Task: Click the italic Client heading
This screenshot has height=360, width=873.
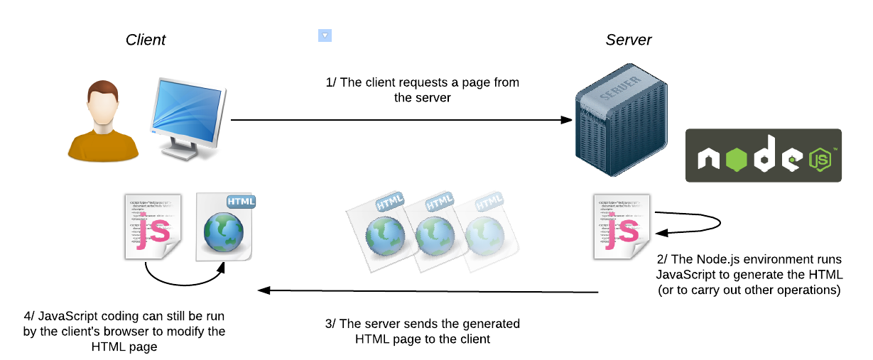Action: pos(145,40)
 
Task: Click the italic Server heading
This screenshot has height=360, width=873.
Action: pos(628,40)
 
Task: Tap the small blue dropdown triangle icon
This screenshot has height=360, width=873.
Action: pos(325,36)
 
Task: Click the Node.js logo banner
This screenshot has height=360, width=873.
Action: pos(763,156)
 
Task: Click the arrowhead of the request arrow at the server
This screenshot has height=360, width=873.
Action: pos(567,121)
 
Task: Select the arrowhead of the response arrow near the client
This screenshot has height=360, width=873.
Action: pos(263,290)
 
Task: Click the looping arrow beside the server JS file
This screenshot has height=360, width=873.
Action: pos(700,224)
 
